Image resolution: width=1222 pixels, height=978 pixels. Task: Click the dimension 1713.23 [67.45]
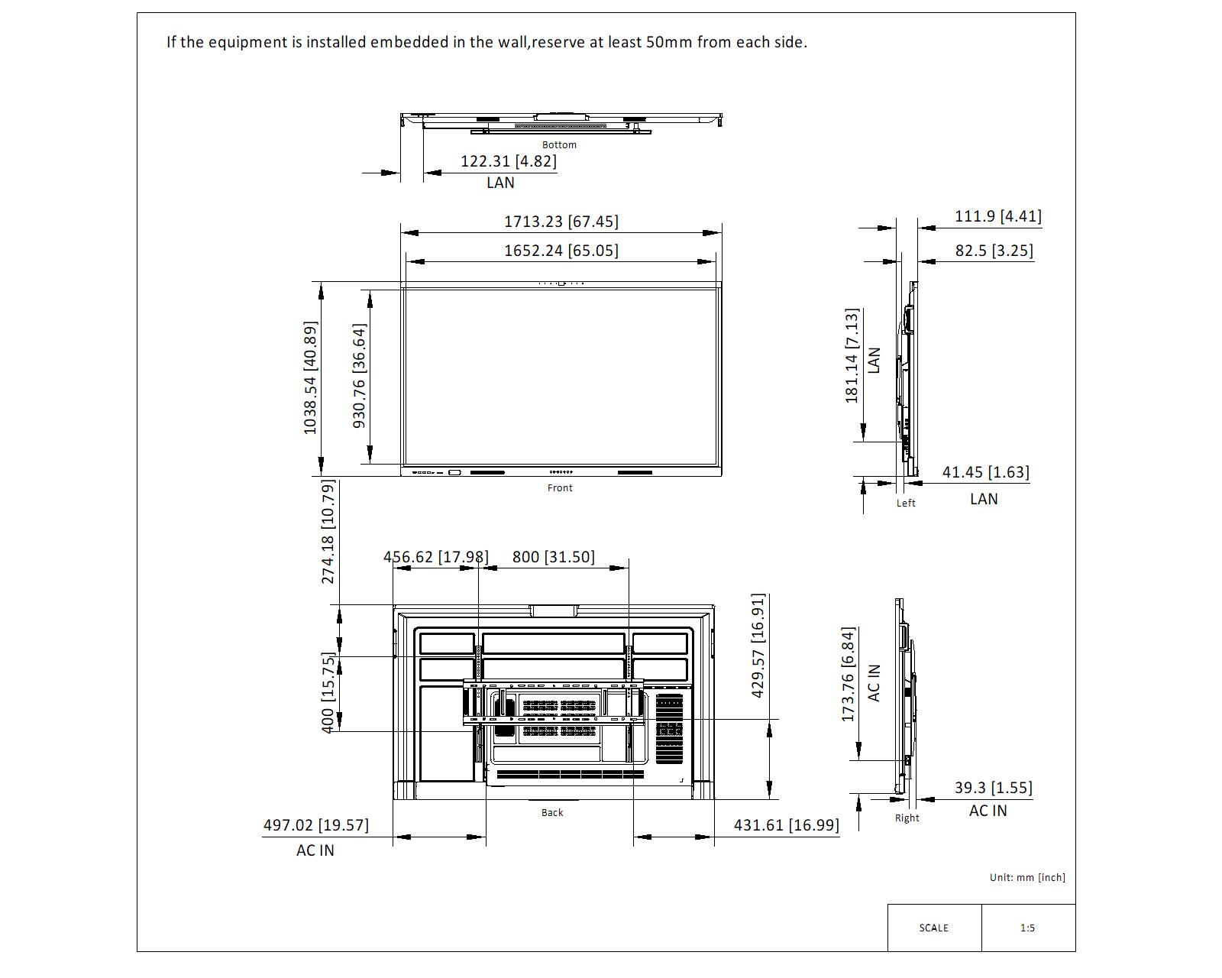[x=561, y=221]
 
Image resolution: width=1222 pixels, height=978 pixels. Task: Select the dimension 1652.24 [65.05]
[x=561, y=251]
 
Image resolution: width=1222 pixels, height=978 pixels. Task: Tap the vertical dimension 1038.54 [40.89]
[x=310, y=378]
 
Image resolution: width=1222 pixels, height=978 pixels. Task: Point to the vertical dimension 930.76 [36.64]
[x=360, y=376]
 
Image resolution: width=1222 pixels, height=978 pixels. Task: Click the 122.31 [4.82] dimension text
[x=508, y=161]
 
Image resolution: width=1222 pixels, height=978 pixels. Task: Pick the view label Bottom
[x=559, y=145]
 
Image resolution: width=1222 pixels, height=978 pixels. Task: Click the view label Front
[x=560, y=487]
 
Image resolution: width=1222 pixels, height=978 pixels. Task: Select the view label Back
[x=552, y=813]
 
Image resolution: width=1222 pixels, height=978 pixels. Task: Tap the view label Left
[x=906, y=503]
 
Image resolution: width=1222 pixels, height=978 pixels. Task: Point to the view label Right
[x=907, y=818]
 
